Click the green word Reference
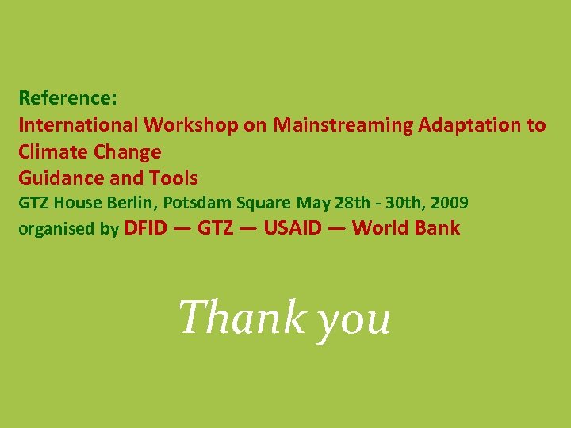pos(67,98)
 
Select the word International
pos(79,124)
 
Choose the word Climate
pos(53,151)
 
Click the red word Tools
pos(173,178)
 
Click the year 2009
pos(448,204)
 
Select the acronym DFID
pos(146,228)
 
